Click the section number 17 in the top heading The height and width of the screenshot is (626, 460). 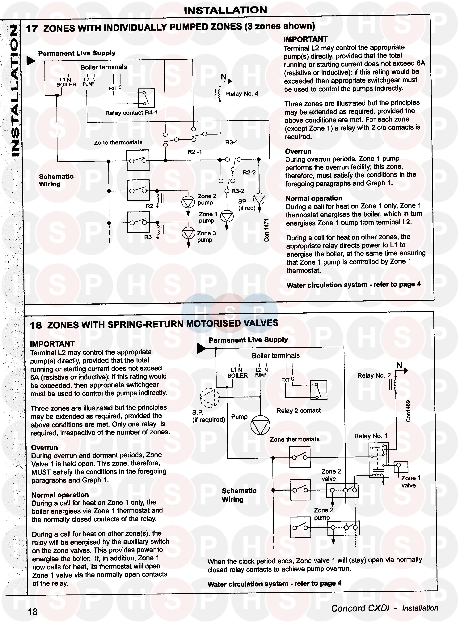pos(32,29)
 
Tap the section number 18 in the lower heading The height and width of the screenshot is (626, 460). pos(36,325)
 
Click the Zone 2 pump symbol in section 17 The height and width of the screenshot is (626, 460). pos(188,202)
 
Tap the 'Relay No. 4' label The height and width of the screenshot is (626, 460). pos(242,94)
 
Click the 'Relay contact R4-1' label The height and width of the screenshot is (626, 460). pos(131,113)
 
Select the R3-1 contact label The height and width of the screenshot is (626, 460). pos(231,142)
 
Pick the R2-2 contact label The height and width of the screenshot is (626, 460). pos(249,172)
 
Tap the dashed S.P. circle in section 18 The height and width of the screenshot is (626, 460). pos(210,397)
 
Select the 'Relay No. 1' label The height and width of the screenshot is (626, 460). pos(371,436)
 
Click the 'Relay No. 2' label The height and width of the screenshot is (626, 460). pos(374,375)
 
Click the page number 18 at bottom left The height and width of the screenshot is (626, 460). pos(33,611)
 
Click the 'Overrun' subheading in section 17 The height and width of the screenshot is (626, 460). pos(298,151)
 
